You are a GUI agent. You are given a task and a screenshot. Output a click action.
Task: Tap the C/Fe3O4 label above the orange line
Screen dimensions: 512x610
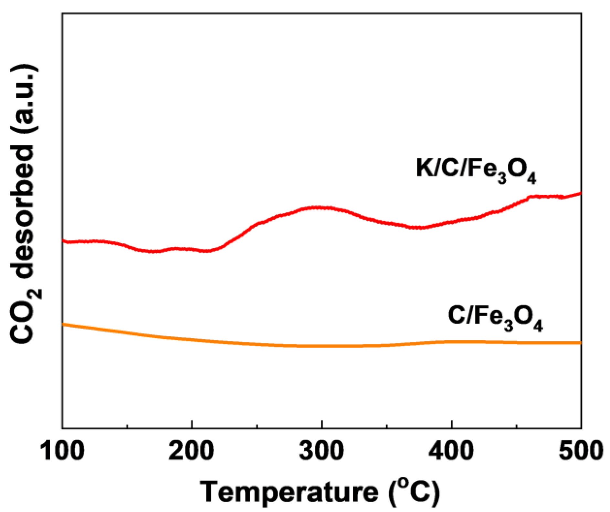[x=495, y=318]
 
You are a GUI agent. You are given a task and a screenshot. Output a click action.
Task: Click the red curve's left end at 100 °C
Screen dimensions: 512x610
[x=63, y=241]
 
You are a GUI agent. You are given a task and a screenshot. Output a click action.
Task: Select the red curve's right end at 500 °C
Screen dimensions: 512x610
[x=580, y=193]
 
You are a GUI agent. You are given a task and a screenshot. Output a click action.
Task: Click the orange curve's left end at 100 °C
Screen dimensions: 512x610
[x=63, y=324]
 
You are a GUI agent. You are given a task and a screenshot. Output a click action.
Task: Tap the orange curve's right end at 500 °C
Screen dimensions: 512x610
[x=580, y=343]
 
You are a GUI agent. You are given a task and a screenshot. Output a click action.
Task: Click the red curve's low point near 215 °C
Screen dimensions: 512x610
[x=207, y=251]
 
